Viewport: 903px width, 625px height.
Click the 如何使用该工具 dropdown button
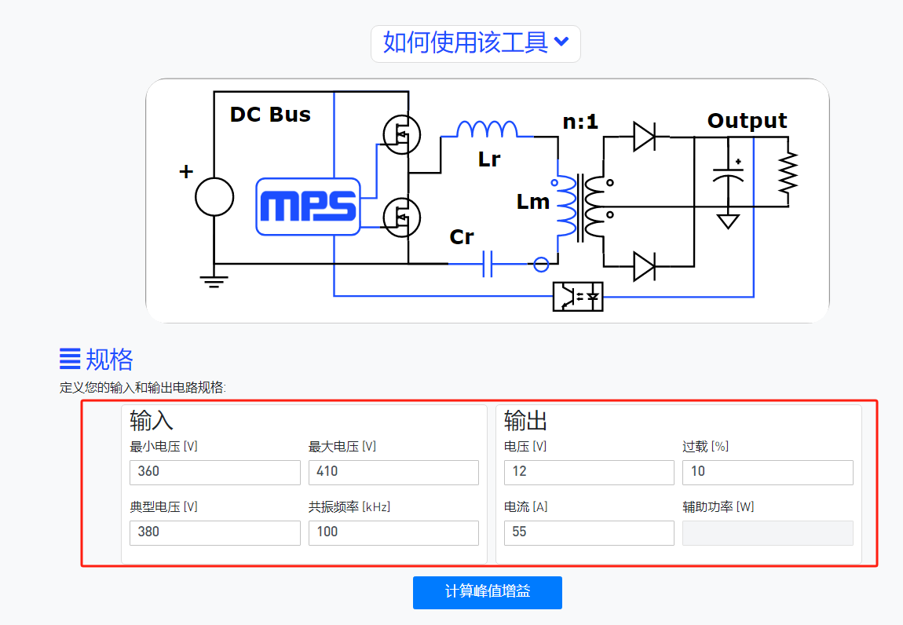pyautogui.click(x=475, y=42)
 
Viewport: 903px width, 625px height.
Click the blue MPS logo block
pyautogui.click(x=308, y=207)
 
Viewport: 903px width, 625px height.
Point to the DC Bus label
pyautogui.click(x=270, y=115)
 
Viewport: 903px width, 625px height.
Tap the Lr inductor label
pyautogui.click(x=489, y=159)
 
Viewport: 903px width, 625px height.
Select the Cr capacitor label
pyautogui.click(x=462, y=236)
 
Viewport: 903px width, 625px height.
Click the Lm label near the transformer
pyautogui.click(x=532, y=202)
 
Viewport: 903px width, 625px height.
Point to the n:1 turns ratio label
pyautogui.click(x=580, y=122)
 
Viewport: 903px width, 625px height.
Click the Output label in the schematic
pyautogui.click(x=747, y=121)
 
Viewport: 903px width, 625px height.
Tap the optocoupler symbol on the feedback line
pyautogui.click(x=578, y=296)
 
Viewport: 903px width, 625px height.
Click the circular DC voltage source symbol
pyautogui.click(x=214, y=196)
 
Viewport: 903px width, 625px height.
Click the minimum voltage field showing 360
pyautogui.click(x=215, y=472)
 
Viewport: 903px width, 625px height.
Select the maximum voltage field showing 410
pyautogui.click(x=393, y=472)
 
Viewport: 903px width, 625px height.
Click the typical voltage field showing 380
pyautogui.click(x=215, y=532)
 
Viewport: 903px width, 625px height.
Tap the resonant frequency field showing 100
pyautogui.click(x=393, y=532)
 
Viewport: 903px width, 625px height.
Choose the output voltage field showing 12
pyautogui.click(x=589, y=472)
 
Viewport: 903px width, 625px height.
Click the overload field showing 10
pyautogui.click(x=767, y=472)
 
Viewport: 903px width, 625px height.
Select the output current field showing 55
pyautogui.click(x=589, y=532)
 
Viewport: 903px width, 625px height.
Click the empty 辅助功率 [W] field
pyautogui.click(x=767, y=532)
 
